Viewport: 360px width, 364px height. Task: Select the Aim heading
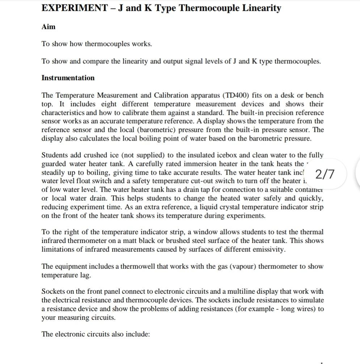pos(48,26)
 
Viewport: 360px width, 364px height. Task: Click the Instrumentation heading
pos(68,78)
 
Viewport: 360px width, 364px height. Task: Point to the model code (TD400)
pos(237,95)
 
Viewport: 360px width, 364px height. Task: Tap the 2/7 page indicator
pos(325,174)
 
